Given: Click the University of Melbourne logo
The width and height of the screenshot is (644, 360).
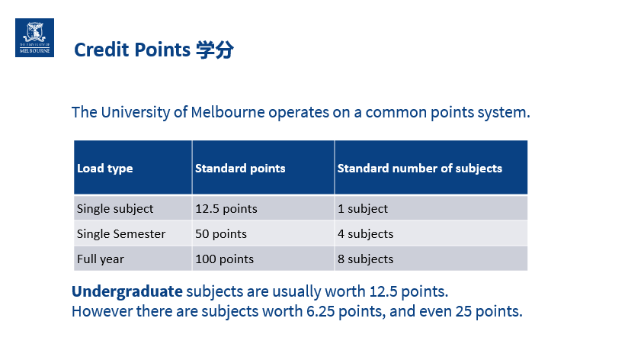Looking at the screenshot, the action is tap(34, 37).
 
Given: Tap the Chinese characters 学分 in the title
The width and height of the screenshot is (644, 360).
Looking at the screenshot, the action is tap(215, 50).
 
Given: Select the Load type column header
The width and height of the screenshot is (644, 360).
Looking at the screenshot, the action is tap(104, 169).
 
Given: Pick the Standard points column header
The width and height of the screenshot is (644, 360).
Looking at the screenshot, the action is tap(240, 169).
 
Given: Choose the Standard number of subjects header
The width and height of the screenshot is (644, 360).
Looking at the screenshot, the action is tap(420, 169).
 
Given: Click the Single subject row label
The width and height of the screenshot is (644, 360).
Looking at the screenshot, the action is tap(115, 209).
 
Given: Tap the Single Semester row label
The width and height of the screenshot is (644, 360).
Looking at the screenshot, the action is tap(121, 234).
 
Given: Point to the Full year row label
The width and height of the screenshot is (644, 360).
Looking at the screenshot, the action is tap(100, 259).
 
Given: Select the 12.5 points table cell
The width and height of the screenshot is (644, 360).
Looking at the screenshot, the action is tap(226, 209).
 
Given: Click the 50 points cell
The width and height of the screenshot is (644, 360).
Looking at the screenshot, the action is tap(221, 234).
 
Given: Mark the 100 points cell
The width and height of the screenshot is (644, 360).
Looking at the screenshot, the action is tap(224, 259).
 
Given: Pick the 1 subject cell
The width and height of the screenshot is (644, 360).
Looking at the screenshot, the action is tap(363, 209).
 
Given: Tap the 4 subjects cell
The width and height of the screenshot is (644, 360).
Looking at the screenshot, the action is tap(366, 234).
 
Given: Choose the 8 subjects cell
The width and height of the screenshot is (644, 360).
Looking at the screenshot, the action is tap(366, 259).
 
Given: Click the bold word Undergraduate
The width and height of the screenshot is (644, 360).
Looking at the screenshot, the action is tap(127, 291).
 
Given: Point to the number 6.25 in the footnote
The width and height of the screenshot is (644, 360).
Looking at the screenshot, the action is tap(321, 311).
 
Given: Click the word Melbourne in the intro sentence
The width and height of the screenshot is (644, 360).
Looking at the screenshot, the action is tap(228, 112).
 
